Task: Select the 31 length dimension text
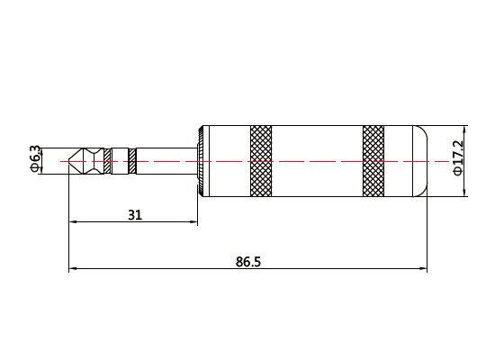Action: pyautogui.click(x=134, y=215)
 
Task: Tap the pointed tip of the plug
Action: pyautogui.click(x=71, y=161)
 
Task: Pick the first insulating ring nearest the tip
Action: pyautogui.click(x=108, y=161)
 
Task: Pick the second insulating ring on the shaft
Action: pyautogui.click(x=131, y=161)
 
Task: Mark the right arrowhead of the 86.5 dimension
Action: pyautogui.click(x=423, y=269)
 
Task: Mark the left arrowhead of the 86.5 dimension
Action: pyautogui.click(x=73, y=269)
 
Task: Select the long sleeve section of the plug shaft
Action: pyautogui.click(x=166, y=161)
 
